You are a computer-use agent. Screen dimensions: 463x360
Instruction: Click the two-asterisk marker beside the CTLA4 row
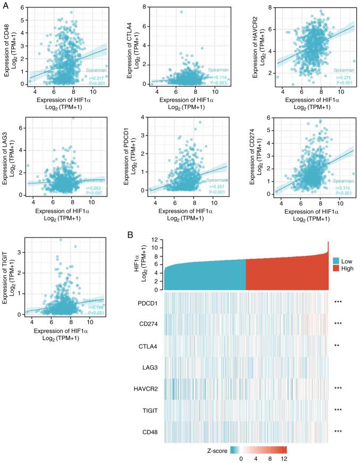click(338, 344)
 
